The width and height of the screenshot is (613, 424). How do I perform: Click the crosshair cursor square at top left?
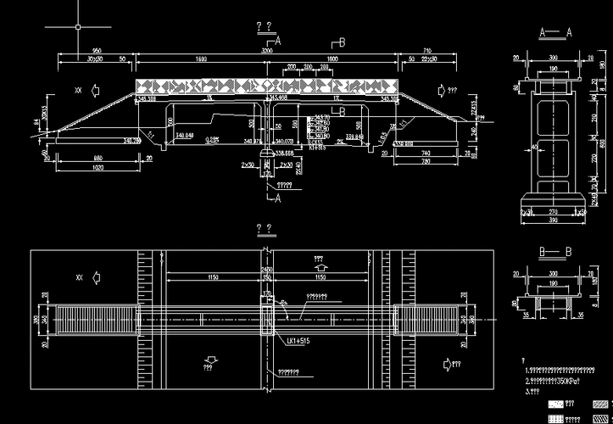pos(77,27)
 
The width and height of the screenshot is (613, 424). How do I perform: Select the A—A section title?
pos(556,31)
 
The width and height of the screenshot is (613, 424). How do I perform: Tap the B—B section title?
pos(556,252)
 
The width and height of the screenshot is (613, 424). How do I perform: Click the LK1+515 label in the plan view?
pos(297,341)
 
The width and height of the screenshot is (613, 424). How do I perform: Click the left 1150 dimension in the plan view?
pos(215,277)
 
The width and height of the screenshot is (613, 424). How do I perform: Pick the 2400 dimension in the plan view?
pos(266,270)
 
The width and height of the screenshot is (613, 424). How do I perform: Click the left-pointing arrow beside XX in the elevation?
pos(97,88)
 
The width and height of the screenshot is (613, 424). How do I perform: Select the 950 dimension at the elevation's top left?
pos(97,52)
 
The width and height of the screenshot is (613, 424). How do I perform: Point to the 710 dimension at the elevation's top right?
pos(427,52)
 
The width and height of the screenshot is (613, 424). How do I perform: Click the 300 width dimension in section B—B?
pos(554,274)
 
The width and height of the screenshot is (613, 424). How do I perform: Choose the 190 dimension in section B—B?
pos(554,283)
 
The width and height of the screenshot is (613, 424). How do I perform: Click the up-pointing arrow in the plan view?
pos(320,265)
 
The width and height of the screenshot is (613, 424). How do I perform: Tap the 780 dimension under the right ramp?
pos(427,163)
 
